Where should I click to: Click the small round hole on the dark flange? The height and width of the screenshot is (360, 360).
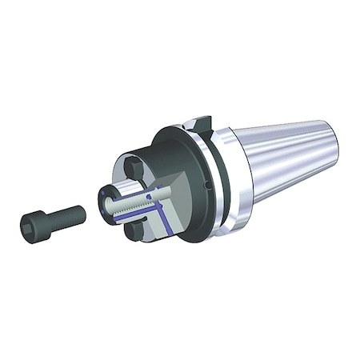click(206, 185)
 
